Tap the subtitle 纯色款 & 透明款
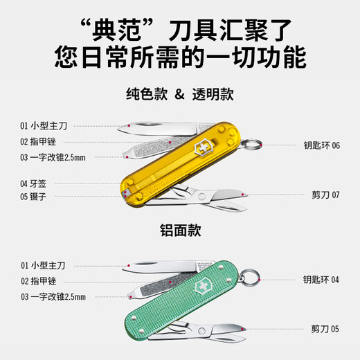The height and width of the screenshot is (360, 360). point(179,94)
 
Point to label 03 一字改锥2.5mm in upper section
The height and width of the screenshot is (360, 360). point(53,158)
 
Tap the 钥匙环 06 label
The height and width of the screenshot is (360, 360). point(321,145)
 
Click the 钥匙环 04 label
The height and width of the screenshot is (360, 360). point(321,280)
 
